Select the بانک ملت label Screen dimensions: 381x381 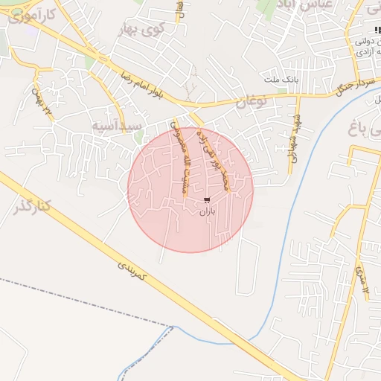click(280, 77)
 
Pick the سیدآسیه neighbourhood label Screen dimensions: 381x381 click(116, 127)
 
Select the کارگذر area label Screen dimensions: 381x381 click(31, 205)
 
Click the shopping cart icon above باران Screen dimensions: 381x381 click(206, 199)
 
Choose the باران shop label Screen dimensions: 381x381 click(206, 211)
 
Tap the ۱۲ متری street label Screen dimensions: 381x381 click(362, 278)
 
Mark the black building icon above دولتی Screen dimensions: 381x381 click(376, 30)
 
